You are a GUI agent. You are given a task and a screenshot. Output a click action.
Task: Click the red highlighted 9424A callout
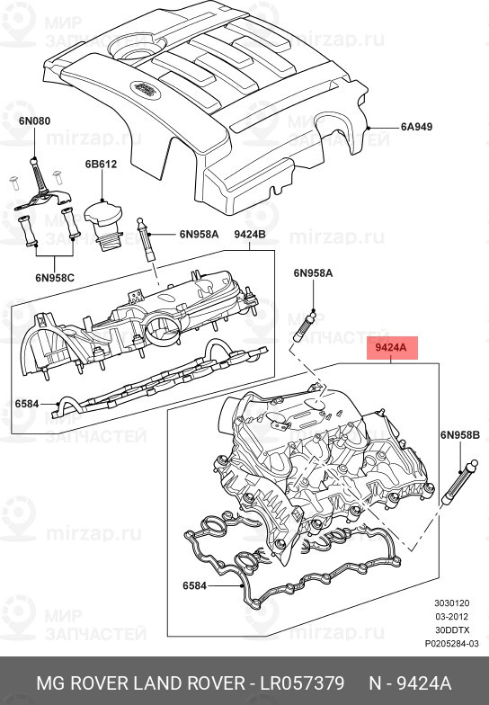(391, 345)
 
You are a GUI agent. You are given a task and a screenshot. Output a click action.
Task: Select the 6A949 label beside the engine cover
(416, 127)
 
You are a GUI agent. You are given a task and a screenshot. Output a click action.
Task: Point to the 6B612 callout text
(101, 165)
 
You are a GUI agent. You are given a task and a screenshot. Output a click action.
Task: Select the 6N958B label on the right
(460, 435)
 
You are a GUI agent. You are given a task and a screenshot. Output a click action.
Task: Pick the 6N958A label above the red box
(312, 272)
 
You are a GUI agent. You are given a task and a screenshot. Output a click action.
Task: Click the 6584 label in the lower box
(195, 585)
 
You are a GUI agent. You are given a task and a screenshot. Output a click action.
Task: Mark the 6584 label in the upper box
(27, 404)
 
